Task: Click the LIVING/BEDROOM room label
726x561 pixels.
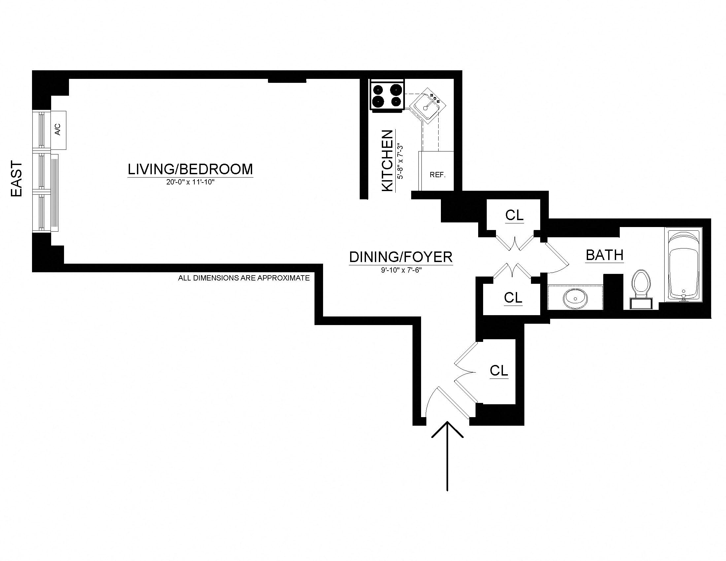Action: (190, 169)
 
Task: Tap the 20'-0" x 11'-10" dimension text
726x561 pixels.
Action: (190, 182)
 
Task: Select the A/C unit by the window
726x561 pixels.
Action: (58, 130)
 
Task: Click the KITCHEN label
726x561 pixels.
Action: (387, 161)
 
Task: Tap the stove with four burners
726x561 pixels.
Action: (387, 95)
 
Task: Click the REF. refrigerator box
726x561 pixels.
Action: (437, 175)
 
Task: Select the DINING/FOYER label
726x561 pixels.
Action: (401, 257)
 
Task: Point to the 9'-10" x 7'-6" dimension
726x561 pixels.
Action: (401, 270)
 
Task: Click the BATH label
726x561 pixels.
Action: (604, 255)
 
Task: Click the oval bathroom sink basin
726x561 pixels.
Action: (575, 298)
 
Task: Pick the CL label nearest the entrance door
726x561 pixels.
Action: (499, 370)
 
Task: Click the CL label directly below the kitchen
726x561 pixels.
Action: (514, 215)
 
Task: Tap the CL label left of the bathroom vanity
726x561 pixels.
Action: (513, 297)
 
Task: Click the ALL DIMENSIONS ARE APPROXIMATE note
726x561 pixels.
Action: (244, 278)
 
